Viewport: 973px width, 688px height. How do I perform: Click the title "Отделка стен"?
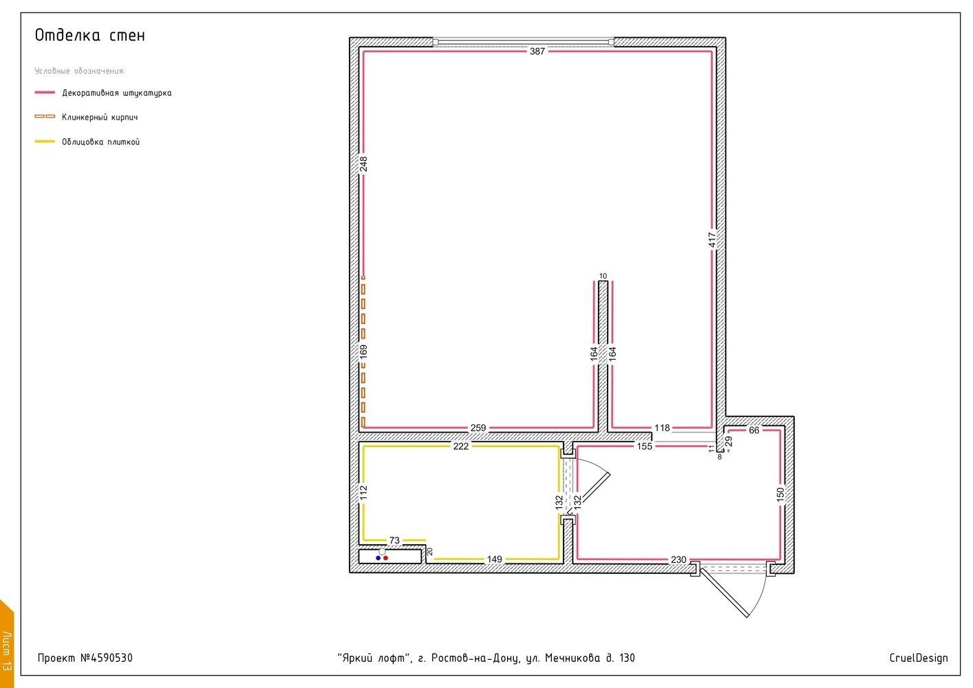click(90, 35)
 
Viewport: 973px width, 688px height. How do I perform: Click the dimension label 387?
click(537, 51)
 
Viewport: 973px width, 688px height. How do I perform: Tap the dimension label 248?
click(363, 164)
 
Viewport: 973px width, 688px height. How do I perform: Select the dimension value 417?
click(712, 239)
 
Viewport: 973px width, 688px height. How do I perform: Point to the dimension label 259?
click(478, 428)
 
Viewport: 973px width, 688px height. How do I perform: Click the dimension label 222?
click(461, 446)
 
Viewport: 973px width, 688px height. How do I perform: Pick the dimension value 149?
click(494, 559)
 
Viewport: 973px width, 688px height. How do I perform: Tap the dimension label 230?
click(678, 559)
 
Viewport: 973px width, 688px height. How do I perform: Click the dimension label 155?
click(644, 446)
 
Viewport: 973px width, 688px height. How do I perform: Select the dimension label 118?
click(662, 428)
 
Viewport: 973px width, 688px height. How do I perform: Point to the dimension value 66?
click(754, 430)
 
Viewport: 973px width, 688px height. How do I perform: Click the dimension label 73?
click(394, 540)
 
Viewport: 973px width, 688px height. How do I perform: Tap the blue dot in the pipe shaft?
click(378, 558)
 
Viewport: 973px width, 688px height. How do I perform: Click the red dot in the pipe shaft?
click(386, 558)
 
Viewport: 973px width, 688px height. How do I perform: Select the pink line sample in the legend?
click(45, 92)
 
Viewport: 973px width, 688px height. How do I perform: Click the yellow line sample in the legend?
click(45, 142)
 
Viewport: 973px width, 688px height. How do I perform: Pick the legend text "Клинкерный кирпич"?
click(100, 117)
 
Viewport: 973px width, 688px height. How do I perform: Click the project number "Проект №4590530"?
click(85, 658)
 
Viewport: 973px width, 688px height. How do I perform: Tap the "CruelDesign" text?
click(918, 658)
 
